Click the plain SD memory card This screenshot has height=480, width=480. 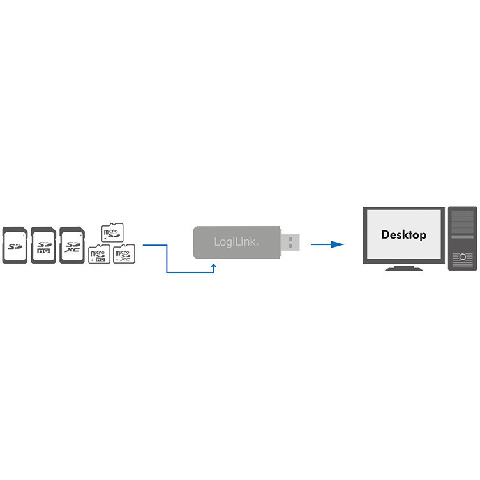point(14,244)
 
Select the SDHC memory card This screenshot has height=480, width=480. point(42,244)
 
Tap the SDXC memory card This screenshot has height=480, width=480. point(71,244)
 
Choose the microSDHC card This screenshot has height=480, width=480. point(98,255)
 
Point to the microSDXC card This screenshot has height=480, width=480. point(123,255)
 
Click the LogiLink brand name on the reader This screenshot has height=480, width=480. point(231,243)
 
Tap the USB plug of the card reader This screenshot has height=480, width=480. point(290,242)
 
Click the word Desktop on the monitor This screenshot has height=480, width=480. point(403,235)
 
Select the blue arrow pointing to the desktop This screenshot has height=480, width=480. point(327,244)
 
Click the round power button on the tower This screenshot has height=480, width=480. point(462,258)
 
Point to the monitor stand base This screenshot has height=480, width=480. point(404,269)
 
